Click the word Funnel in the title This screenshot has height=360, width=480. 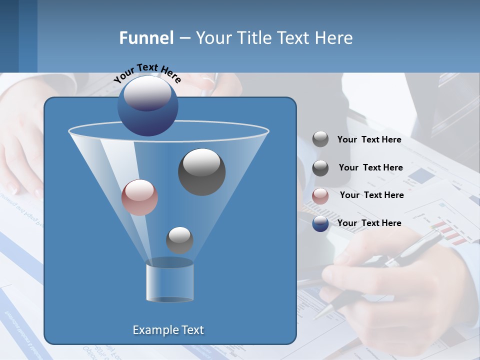(x=146, y=38)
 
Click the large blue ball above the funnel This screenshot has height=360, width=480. (x=147, y=105)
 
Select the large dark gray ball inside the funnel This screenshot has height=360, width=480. (x=201, y=171)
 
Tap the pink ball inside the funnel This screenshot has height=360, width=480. (x=139, y=197)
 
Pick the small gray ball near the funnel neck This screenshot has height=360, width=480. (x=179, y=240)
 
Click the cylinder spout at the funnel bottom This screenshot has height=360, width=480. (x=169, y=281)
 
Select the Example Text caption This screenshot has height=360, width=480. (x=168, y=330)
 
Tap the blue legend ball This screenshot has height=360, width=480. (x=320, y=223)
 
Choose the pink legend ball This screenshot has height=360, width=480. (x=320, y=196)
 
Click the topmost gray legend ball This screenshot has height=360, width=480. (x=320, y=139)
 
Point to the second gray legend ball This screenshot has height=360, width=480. (x=320, y=168)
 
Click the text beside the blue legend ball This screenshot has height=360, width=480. (x=369, y=223)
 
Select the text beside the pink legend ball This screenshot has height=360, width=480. (x=371, y=195)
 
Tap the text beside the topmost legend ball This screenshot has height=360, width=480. (x=369, y=139)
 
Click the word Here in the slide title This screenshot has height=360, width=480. (x=334, y=38)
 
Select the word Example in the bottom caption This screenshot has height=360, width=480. (x=154, y=330)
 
